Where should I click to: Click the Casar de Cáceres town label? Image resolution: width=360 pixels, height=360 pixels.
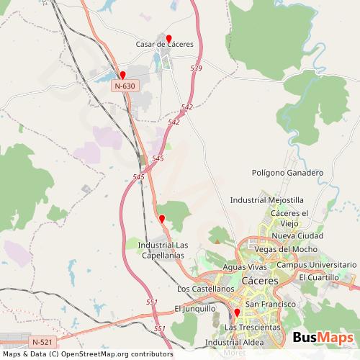(165, 44)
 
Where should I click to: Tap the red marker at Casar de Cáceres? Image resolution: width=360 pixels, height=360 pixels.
(169, 39)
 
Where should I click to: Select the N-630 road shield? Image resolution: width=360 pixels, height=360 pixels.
(124, 86)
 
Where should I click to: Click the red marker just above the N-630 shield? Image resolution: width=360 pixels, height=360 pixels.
(123, 76)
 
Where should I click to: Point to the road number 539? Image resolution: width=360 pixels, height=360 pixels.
(197, 68)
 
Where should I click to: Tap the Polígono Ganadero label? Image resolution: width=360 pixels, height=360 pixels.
(288, 173)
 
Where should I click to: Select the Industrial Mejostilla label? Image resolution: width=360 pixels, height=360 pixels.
(266, 199)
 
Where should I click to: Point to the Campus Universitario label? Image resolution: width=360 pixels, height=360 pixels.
(317, 264)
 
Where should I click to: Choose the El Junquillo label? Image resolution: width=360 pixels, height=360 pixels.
(195, 308)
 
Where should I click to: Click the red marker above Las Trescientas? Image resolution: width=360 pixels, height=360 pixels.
(236, 313)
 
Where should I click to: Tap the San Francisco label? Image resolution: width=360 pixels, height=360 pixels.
(271, 305)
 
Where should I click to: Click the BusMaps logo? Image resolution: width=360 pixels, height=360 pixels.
(323, 338)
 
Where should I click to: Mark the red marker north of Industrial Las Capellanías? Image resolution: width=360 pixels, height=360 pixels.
(162, 219)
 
